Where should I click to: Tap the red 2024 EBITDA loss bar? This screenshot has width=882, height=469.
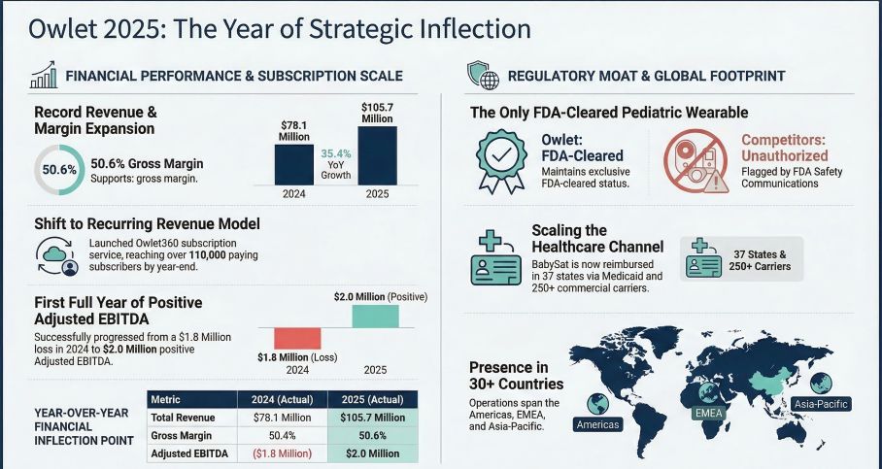(296, 338)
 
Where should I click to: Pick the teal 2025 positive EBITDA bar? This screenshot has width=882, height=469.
(374, 316)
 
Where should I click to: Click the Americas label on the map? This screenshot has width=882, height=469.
(597, 424)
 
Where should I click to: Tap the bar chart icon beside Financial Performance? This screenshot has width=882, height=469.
(43, 74)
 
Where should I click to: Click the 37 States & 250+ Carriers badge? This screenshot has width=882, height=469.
(742, 259)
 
